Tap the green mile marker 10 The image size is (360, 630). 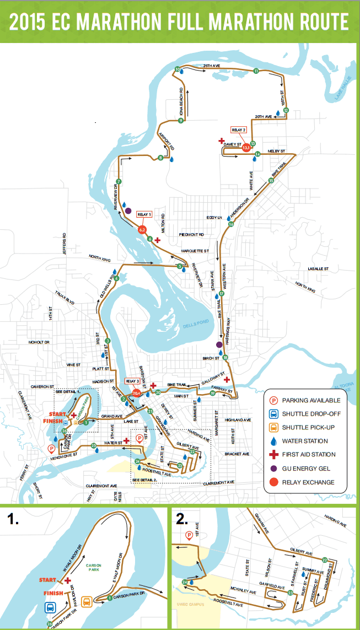pyautogui.click(x=178, y=69)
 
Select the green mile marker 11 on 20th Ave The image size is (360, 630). pyautogui.click(x=256, y=72)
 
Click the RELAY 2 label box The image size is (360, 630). pyautogui.click(x=238, y=130)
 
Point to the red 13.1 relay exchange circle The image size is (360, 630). pyautogui.click(x=246, y=148)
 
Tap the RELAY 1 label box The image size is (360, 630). pyautogui.click(x=144, y=214)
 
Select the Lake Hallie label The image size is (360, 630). pyautogui.click(x=342, y=90)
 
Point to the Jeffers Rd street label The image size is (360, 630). pyautogui.click(x=65, y=243)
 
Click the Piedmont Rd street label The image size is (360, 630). pyautogui.click(x=191, y=234)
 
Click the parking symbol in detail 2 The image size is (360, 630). pyautogui.click(x=190, y=535)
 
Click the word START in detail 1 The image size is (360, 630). pyautogui.click(x=48, y=580)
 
